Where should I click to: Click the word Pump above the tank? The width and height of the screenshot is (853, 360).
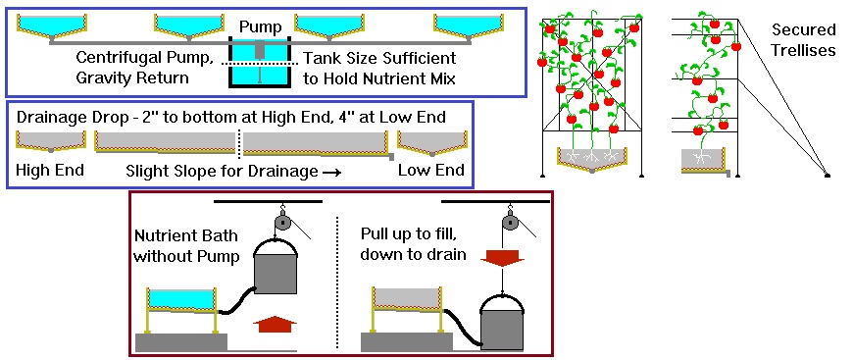[x=261, y=27]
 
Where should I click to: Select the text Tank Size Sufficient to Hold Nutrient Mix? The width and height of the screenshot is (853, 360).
[x=379, y=68]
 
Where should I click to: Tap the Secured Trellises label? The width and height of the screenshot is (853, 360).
[x=804, y=39]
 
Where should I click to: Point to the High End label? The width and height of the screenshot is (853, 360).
[x=49, y=170]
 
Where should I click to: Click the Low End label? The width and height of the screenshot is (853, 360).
[x=431, y=170]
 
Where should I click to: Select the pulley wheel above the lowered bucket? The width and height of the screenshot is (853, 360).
[x=509, y=223]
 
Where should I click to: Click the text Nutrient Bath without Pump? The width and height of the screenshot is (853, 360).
[x=186, y=245]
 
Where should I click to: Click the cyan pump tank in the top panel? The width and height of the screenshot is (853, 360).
[x=261, y=63]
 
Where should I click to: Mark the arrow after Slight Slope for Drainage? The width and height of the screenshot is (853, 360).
[x=331, y=173]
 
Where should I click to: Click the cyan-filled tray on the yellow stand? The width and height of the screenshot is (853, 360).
[x=181, y=299]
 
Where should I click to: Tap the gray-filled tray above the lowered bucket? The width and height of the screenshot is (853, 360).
[x=408, y=299]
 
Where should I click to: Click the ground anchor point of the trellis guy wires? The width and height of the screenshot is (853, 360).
[x=828, y=176]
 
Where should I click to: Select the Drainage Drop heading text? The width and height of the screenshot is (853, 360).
[x=231, y=118]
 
